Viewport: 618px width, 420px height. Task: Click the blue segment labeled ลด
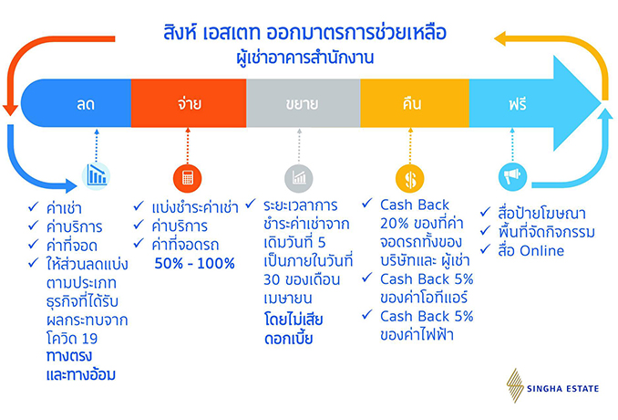[x=76, y=103]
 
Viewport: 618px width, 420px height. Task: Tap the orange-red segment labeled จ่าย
[x=189, y=103]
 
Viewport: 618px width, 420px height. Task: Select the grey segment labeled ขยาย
[x=304, y=103]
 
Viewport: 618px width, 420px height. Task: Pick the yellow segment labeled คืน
[x=415, y=103]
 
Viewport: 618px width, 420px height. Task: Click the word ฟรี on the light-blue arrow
[x=518, y=104]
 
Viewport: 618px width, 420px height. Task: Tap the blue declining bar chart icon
[x=97, y=176]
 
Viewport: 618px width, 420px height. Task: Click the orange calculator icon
[x=188, y=178]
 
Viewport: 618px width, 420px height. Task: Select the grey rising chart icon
[x=299, y=178]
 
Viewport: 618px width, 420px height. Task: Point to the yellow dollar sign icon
[x=410, y=178]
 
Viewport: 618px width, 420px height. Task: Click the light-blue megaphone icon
[x=512, y=176]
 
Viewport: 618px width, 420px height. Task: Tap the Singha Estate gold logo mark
[x=515, y=385]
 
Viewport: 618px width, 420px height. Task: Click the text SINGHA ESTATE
[x=562, y=389]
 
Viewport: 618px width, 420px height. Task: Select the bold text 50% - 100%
[x=195, y=263]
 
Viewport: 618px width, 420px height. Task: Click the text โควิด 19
[x=72, y=339]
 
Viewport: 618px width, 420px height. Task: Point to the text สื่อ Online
[x=530, y=251]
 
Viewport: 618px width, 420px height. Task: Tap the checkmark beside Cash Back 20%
[x=367, y=203]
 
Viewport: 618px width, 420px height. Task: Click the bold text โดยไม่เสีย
[x=294, y=319]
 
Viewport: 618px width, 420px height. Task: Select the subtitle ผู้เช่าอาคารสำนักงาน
[x=305, y=58]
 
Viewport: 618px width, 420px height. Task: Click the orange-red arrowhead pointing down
[x=10, y=110]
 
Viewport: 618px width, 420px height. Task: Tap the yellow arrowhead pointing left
[x=500, y=38]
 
